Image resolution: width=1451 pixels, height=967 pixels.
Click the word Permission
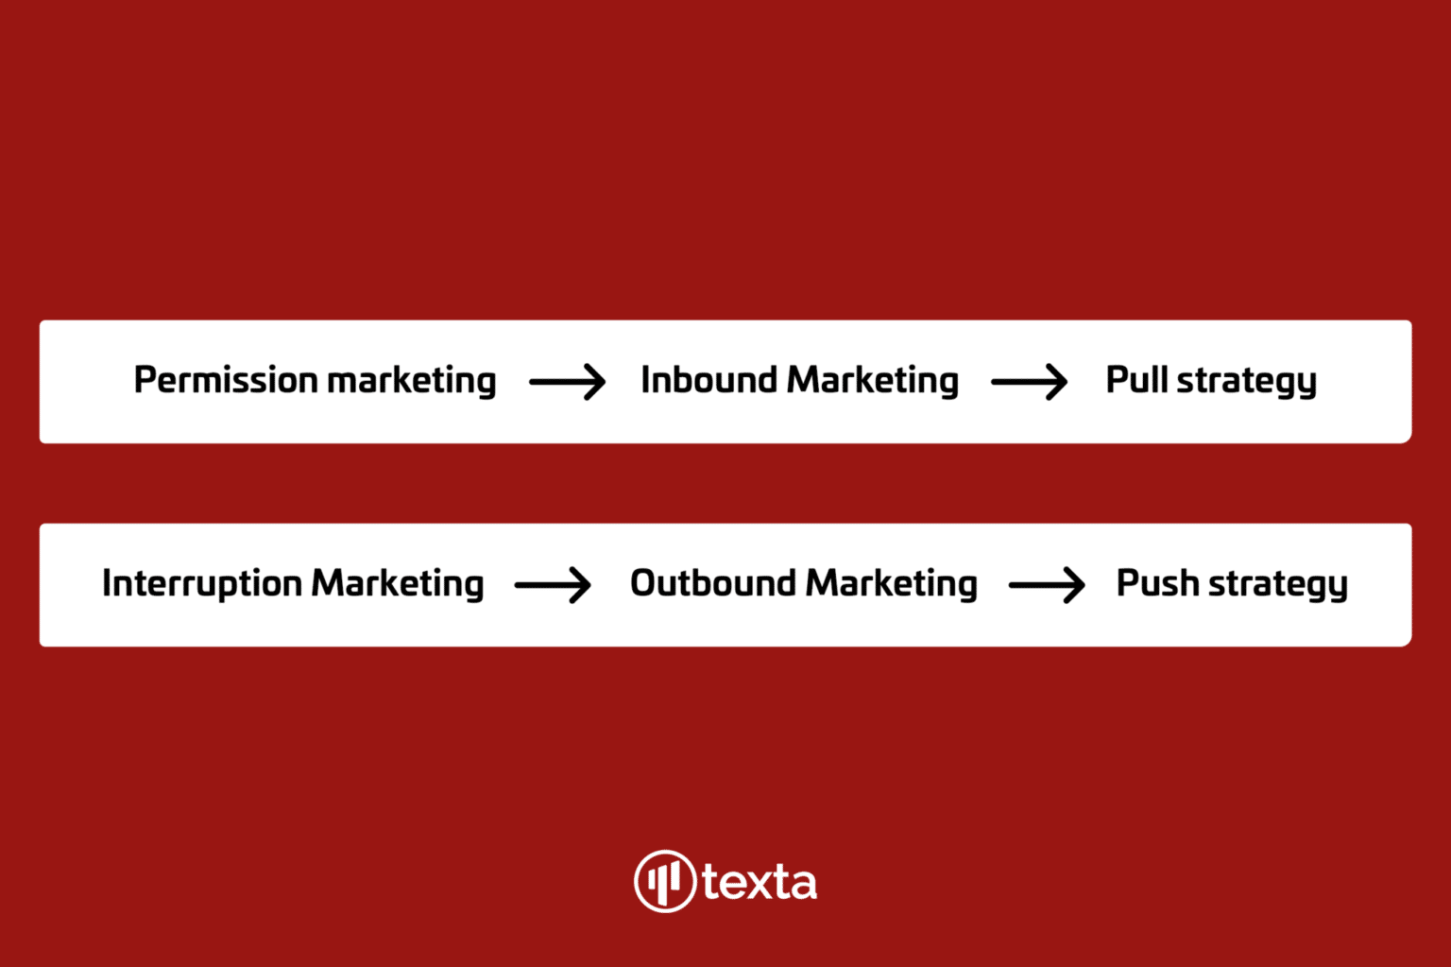tap(226, 379)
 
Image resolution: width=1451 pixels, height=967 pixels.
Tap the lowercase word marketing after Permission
tap(412, 381)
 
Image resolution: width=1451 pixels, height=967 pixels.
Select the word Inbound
tap(708, 379)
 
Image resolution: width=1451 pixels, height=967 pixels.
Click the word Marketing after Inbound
tap(873, 381)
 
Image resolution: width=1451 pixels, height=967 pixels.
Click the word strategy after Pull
tap(1247, 382)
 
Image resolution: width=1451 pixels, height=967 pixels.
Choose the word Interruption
tap(202, 584)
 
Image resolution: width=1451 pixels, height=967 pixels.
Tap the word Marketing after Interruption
tap(398, 584)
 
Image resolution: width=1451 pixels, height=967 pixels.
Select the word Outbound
tap(712, 582)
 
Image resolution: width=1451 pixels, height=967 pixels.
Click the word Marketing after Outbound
tap(892, 584)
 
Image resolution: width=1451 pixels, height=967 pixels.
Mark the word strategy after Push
tap(1279, 584)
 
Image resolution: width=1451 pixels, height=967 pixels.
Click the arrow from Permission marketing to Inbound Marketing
tap(568, 382)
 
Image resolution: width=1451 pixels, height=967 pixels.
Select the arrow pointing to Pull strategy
tap(1030, 382)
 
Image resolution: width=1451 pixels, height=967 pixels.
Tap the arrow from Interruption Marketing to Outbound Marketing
tap(553, 585)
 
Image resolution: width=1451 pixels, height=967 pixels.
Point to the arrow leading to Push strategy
tap(1047, 585)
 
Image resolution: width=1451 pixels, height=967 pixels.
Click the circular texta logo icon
tap(665, 881)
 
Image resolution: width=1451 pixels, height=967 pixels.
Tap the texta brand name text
tap(760, 882)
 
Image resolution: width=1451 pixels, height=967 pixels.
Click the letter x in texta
tap(758, 885)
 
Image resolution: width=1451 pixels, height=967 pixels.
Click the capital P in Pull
tap(1118, 379)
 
